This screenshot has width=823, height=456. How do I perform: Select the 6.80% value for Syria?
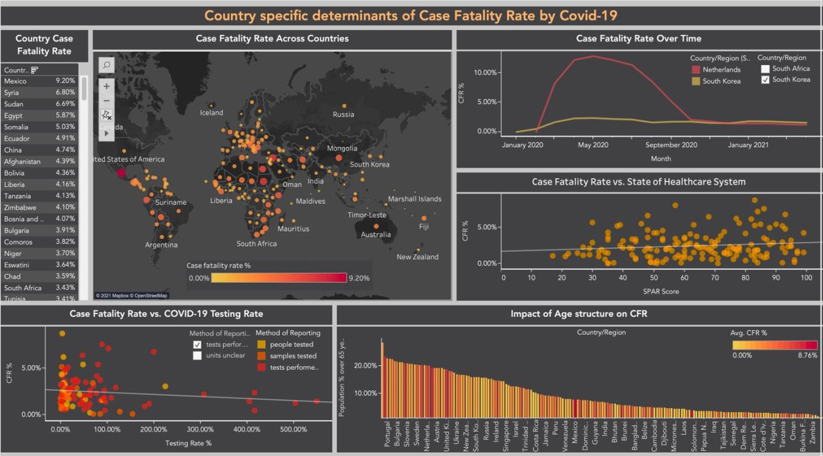point(65,93)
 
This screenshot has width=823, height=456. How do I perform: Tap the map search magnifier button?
point(107,65)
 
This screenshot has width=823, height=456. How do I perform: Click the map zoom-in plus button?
point(107,86)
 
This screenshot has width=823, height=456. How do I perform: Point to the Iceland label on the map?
point(212,113)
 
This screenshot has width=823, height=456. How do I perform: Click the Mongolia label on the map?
point(342,148)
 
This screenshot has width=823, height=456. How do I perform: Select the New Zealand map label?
point(417,257)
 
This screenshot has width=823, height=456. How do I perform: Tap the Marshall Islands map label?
point(414,199)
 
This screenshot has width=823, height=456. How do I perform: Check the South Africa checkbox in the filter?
point(765,69)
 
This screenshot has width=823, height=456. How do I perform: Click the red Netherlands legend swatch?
point(695,70)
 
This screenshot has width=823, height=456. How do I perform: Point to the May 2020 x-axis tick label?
point(592,145)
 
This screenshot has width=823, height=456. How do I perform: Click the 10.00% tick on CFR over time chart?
point(482,72)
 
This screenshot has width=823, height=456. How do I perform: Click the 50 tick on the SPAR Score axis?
point(654,278)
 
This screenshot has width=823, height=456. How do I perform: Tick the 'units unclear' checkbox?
point(197,356)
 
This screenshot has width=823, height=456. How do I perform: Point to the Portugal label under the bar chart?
point(387,434)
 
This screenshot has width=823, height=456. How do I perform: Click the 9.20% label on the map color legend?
point(358,278)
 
